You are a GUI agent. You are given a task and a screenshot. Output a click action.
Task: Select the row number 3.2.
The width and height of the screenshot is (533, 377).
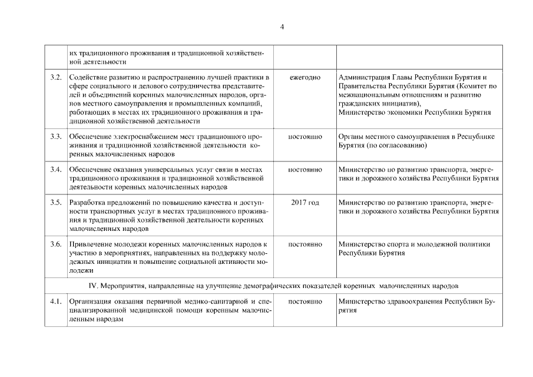pyautogui.click(x=56, y=77)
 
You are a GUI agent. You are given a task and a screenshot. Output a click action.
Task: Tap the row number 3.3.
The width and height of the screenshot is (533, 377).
pyautogui.click(x=56, y=137)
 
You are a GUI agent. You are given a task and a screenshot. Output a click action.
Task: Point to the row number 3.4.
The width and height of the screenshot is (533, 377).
pyautogui.click(x=56, y=170)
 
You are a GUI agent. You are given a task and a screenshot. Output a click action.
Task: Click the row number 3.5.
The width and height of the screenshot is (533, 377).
pyautogui.click(x=56, y=203)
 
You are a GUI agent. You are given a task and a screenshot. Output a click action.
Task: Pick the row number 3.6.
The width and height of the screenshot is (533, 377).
pyautogui.click(x=56, y=244)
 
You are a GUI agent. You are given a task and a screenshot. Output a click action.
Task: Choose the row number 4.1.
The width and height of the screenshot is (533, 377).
pyautogui.click(x=56, y=302)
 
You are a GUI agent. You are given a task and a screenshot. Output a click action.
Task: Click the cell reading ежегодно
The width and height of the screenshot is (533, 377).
pyautogui.click(x=305, y=77)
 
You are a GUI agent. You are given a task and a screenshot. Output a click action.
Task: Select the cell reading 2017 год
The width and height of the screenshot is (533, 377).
pyautogui.click(x=305, y=203)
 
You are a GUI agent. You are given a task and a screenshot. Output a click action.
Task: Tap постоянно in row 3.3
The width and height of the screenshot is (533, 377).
pyautogui.click(x=305, y=137)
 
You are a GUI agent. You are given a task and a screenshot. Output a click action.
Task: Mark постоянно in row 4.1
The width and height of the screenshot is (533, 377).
pyautogui.click(x=305, y=302)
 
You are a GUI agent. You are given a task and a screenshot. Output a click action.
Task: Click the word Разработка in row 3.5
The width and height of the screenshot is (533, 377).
pyautogui.click(x=88, y=203)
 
